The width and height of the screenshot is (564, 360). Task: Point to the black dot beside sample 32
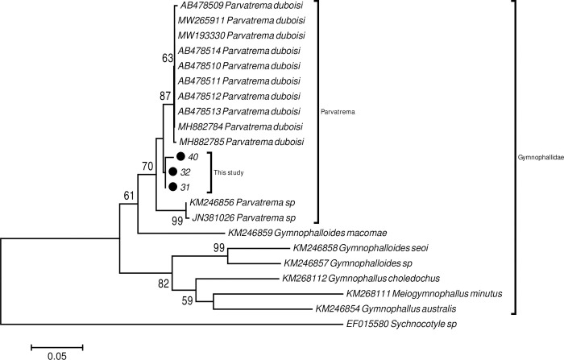coord(172,172)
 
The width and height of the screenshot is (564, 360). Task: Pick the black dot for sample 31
coord(172,186)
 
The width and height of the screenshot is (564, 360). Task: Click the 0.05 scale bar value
coord(56,354)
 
